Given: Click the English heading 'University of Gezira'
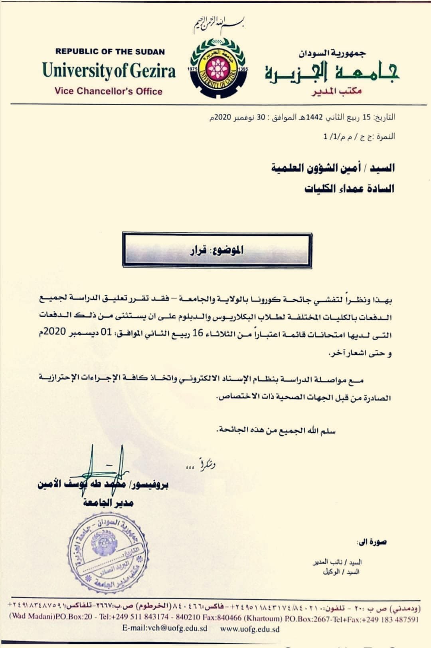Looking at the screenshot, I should point(109,71).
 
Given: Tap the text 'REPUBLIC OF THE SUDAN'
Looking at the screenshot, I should point(110,52).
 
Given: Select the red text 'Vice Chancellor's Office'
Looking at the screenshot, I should point(109,91).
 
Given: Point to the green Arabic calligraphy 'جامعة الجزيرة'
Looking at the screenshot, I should point(331,72).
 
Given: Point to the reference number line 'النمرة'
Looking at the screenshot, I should point(359,137).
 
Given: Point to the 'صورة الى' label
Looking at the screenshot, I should point(372,542).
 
